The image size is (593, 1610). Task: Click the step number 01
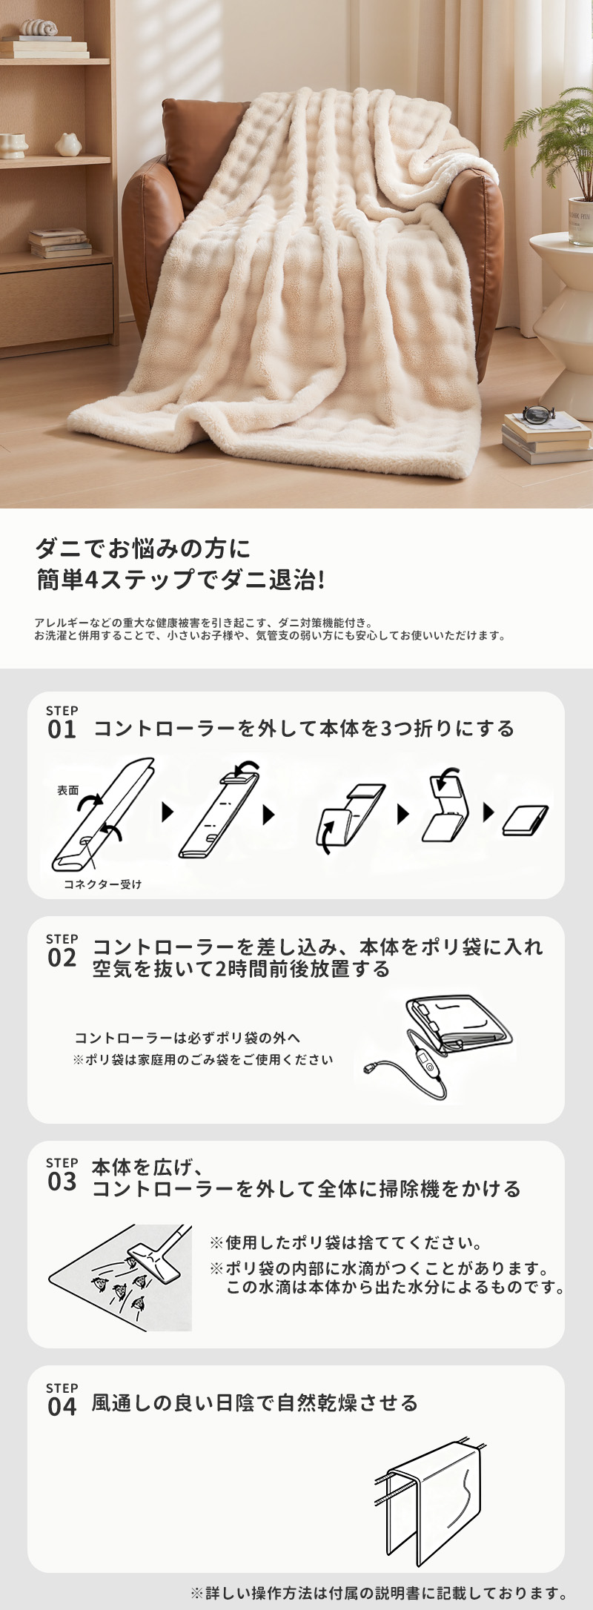tap(62, 729)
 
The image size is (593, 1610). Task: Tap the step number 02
tap(62, 958)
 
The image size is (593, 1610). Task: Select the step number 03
tap(62, 1182)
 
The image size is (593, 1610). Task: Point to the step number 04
tap(62, 1406)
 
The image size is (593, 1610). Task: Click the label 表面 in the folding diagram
tap(68, 790)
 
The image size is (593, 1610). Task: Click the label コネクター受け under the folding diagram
tap(102, 884)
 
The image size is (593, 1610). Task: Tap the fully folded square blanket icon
tap(526, 820)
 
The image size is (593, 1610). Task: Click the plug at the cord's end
tap(370, 1069)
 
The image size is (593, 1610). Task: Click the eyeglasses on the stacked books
tap(538, 414)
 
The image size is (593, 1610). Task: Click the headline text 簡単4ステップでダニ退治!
tap(181, 580)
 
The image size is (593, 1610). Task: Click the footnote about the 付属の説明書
tap(380, 1592)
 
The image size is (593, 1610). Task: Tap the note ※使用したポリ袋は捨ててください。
tap(346, 1242)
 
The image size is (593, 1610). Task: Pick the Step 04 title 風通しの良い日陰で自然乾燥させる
tap(255, 1402)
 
